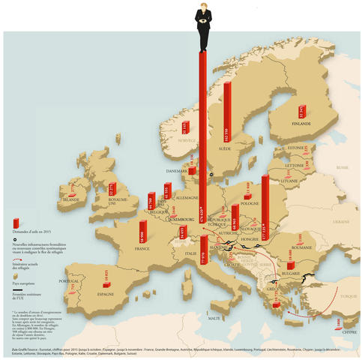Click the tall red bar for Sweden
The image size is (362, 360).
228,112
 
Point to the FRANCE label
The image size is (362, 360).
142,247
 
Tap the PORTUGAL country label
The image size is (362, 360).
68,281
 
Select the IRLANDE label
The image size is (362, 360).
71,200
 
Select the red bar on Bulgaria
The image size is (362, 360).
289,265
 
